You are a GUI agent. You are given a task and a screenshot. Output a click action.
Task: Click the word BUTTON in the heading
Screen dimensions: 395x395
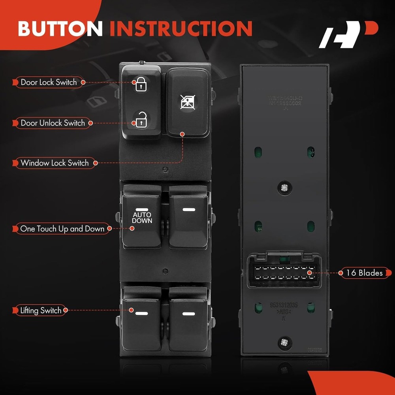tap(60, 28)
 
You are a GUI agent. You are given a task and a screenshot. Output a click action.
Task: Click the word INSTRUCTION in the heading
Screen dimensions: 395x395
tap(181, 28)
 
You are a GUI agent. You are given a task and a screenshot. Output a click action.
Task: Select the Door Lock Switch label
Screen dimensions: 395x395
tap(49, 82)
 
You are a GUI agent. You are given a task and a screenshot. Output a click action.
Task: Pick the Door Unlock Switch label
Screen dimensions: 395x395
tap(53, 123)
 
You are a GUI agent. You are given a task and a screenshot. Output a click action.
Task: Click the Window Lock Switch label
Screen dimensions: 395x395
tap(55, 163)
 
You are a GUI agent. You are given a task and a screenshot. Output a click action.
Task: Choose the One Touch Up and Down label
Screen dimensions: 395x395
tap(62, 228)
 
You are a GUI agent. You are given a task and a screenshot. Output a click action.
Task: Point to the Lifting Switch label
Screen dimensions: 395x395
tap(41, 310)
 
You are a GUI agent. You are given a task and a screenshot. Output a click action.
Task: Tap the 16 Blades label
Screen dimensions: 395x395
tap(364, 273)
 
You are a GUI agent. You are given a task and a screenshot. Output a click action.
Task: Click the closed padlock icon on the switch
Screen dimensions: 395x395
tap(141, 85)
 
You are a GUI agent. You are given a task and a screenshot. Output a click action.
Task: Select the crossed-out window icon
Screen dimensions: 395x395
tap(188, 102)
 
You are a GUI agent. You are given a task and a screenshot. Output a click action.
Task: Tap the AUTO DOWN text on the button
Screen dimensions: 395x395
tap(142, 218)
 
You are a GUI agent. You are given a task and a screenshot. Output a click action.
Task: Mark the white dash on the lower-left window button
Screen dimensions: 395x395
tap(141, 314)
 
